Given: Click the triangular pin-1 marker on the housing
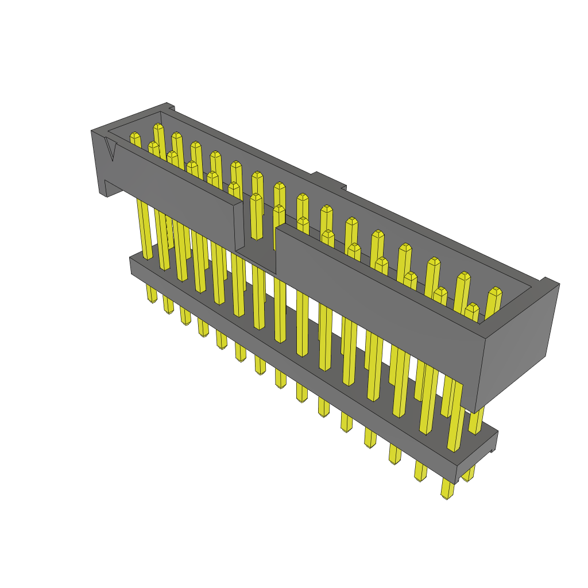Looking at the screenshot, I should [111, 151].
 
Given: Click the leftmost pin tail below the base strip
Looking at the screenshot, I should [152, 294].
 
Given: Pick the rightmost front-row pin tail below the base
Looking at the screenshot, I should [447, 489].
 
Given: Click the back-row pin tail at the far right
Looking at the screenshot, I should [469, 474].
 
